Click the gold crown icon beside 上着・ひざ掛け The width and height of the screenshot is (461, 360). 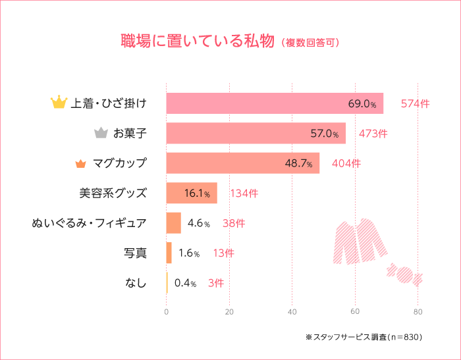pos(59,103)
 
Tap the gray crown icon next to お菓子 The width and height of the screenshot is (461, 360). pos(101,133)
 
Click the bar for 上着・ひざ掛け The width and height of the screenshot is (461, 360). pos(274,103)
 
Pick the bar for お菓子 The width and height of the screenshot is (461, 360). pos(256,133)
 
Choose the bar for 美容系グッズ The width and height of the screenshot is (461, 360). pos(191,193)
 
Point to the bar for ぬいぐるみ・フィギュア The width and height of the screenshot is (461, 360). pos(173,223)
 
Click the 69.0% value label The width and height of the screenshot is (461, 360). pos(362,104)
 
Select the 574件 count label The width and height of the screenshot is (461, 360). pos(415,104)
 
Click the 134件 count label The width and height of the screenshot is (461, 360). pos(244,193)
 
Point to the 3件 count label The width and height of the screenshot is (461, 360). pos(215,283)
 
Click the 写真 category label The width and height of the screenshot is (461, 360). pos(135,253)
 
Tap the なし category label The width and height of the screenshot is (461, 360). pos(136,283)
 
